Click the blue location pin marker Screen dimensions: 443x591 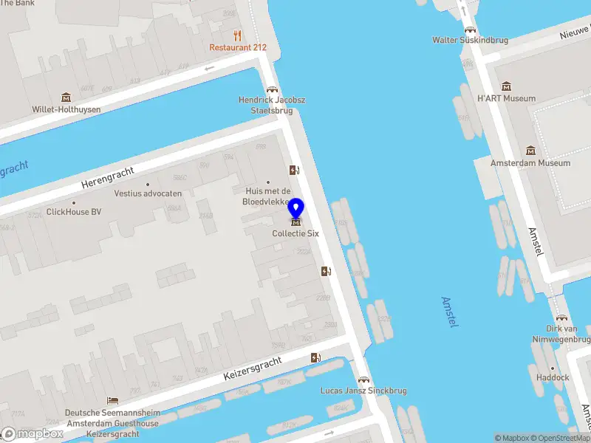tap(296, 209)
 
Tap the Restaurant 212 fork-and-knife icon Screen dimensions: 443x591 tap(237, 35)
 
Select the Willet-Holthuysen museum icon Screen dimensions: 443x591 tap(66, 97)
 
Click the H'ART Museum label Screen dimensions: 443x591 tap(506, 98)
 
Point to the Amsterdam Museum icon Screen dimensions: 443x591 tap(530, 151)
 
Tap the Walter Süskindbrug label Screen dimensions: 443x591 tap(470, 40)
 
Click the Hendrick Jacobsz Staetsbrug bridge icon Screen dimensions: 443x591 tap(271, 89)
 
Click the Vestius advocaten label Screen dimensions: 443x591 tap(148, 193)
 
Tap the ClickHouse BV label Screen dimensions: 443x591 tap(74, 212)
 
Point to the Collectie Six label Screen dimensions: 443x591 tap(295, 233)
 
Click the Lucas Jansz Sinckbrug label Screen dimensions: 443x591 tap(363, 391)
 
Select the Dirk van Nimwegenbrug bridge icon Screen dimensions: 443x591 tap(561, 317)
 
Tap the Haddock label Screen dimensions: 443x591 tap(553, 377)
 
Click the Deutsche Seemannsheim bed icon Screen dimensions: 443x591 tap(112, 401)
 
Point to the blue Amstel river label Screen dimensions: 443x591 tap(449, 312)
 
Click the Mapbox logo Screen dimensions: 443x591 tap(33, 434)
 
